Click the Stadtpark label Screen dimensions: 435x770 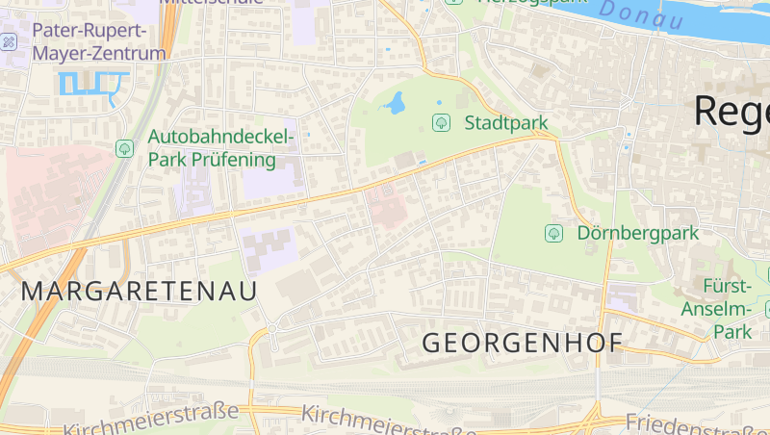(x=506, y=123)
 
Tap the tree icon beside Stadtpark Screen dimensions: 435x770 (x=442, y=122)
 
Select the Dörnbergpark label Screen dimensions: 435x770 (x=638, y=233)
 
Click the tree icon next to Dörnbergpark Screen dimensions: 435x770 (x=553, y=233)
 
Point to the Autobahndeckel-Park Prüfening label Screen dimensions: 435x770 (x=221, y=148)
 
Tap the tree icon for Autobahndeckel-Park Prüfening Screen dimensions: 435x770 (x=124, y=148)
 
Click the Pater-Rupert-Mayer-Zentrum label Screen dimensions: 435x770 (x=99, y=41)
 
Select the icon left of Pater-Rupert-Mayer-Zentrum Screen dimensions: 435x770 (x=8, y=42)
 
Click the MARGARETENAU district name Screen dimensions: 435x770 (x=140, y=292)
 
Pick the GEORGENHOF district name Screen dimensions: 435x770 (x=523, y=343)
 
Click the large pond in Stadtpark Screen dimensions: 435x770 (x=395, y=102)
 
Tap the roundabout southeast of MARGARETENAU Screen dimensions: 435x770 (x=272, y=329)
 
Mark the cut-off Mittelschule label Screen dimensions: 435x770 (x=196, y=3)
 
